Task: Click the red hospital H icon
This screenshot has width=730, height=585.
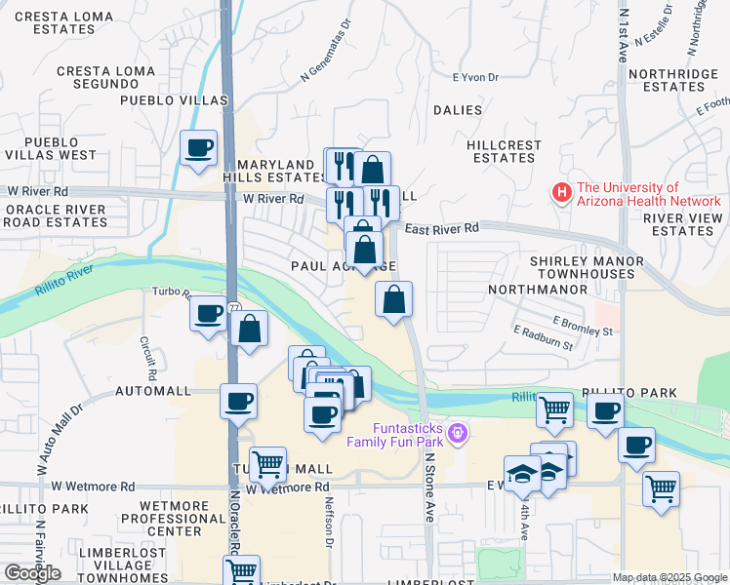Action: [x=562, y=194]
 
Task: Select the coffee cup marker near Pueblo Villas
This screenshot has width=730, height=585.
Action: [x=200, y=149]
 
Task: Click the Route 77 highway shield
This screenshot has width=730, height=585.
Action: [x=234, y=308]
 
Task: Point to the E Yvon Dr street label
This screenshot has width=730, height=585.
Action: [x=476, y=77]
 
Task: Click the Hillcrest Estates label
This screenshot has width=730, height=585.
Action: [x=504, y=151]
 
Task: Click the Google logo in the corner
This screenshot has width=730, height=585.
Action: [x=32, y=573]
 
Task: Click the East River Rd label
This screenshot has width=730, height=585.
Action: [x=442, y=228]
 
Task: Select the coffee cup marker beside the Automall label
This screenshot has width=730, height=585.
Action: [x=239, y=401]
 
